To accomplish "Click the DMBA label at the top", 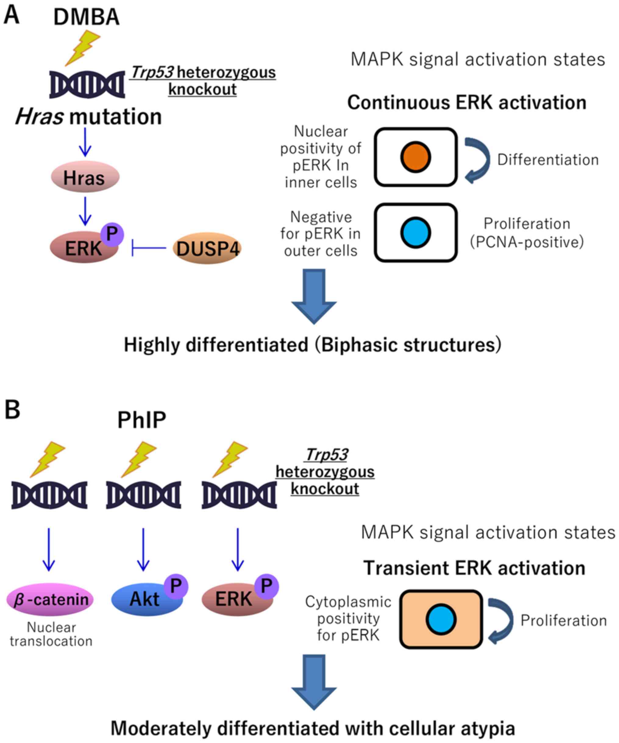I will (x=86, y=17).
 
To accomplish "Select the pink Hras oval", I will (x=85, y=177).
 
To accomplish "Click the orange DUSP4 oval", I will (x=207, y=248).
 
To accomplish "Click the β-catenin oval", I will (x=50, y=600).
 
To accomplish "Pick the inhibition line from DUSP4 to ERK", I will (x=149, y=248).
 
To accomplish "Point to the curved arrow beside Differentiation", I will (x=478, y=160).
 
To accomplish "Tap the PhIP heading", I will (x=141, y=420).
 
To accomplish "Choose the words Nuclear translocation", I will (x=51, y=634).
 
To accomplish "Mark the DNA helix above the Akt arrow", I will (x=144, y=495).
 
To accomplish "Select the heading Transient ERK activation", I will (x=474, y=568).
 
